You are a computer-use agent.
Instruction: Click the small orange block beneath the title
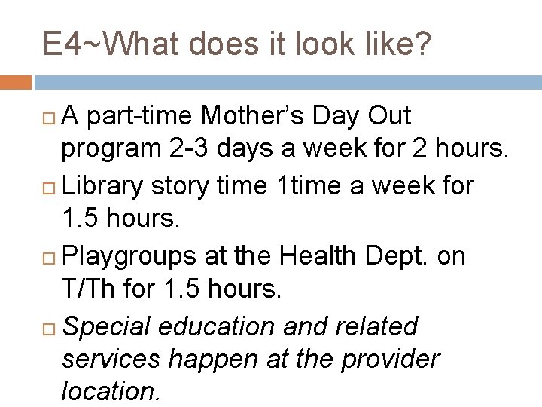click(x=16, y=81)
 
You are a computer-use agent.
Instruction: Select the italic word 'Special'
click(x=108, y=326)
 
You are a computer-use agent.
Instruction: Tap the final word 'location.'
click(x=110, y=392)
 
